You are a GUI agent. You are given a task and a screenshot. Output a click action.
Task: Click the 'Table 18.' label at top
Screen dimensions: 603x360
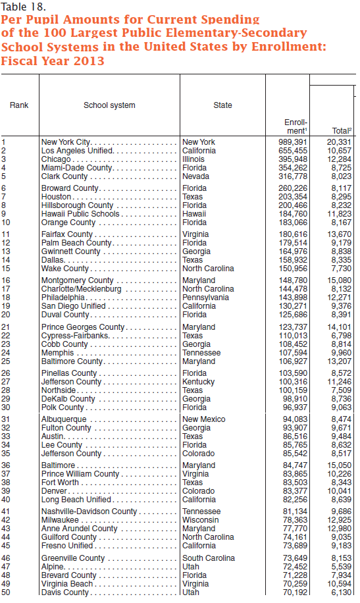(23, 7)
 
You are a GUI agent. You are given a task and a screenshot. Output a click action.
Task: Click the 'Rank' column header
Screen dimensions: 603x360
(19, 105)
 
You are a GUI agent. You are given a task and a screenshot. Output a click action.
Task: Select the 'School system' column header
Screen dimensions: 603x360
(109, 105)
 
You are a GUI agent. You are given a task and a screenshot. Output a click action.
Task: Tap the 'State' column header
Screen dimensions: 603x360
(222, 105)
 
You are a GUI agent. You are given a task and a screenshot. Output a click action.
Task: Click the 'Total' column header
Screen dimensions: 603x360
(342, 131)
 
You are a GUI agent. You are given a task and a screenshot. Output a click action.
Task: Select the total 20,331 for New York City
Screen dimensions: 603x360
(340, 142)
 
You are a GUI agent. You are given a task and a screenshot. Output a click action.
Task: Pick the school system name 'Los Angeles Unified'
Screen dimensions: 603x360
(77, 151)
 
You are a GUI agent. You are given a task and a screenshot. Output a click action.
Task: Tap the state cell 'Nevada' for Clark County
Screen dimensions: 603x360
(196, 176)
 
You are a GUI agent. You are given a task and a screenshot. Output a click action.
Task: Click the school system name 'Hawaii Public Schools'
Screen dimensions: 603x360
(80, 214)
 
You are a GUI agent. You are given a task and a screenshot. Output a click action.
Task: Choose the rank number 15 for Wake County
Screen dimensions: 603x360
(6, 269)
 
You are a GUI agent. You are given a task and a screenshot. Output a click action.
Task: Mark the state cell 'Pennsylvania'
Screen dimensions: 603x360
(205, 298)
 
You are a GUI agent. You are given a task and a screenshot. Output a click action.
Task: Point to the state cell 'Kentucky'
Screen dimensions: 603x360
(198, 382)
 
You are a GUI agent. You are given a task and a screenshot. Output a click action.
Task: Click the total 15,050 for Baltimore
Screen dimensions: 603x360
(340, 465)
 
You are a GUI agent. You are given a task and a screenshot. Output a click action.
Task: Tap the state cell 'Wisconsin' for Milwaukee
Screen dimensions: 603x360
(200, 520)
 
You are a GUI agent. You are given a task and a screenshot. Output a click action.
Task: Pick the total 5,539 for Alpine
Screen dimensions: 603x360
(342, 567)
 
